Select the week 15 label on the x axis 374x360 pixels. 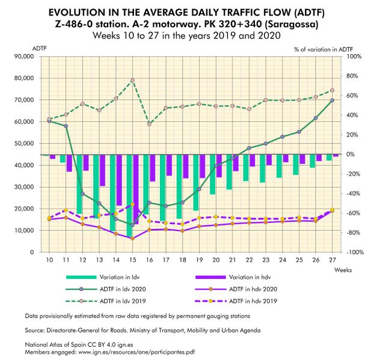132,259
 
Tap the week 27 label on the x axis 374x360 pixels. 332,259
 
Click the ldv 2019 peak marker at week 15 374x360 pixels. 132,81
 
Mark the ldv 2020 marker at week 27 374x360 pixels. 332,100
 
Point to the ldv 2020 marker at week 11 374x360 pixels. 66,126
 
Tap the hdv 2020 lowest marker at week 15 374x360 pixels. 132,238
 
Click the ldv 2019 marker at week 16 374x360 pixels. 149,124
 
